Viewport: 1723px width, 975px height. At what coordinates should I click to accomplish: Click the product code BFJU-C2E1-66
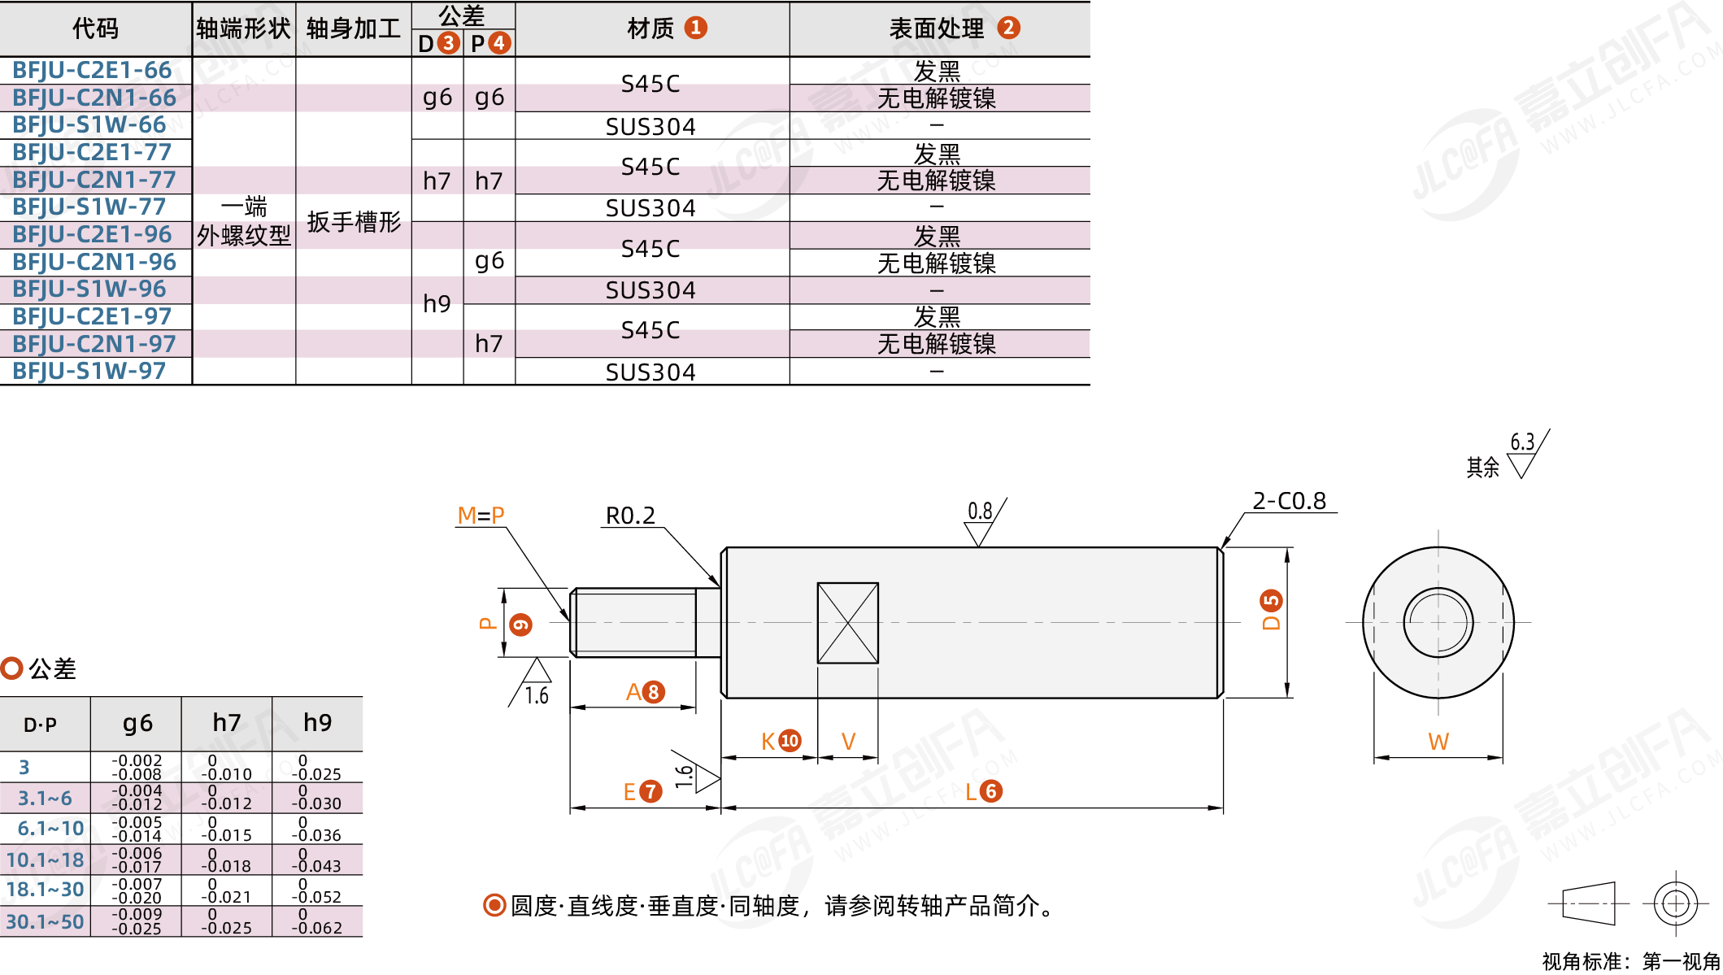(x=92, y=71)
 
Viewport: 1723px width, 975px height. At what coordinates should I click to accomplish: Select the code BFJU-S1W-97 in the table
(x=89, y=372)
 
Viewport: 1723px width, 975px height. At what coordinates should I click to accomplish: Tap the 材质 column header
(x=650, y=28)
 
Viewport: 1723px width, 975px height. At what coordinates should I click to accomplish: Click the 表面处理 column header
(x=937, y=28)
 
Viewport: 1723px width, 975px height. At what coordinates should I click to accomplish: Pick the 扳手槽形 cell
(x=354, y=221)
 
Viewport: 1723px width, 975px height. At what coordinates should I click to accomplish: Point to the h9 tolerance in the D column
(x=437, y=303)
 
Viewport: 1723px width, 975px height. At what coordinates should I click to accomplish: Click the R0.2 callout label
(x=630, y=516)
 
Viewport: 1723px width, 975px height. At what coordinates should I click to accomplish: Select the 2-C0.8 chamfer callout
(x=1289, y=501)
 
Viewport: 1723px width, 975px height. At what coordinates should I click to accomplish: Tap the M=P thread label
(x=481, y=516)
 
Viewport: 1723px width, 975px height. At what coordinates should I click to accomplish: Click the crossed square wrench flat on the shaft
(x=847, y=623)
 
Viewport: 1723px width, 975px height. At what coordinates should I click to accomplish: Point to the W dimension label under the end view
(x=1438, y=742)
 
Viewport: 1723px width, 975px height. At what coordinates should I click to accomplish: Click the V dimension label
(x=848, y=742)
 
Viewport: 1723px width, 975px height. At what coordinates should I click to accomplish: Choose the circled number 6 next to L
(x=991, y=791)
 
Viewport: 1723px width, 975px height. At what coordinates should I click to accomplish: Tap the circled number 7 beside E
(x=650, y=791)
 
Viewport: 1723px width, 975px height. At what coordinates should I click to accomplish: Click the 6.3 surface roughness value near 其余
(x=1522, y=442)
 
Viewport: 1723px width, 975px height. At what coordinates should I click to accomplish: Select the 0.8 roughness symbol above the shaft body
(x=980, y=511)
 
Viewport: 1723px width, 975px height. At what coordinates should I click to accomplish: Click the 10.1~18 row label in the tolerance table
(x=45, y=860)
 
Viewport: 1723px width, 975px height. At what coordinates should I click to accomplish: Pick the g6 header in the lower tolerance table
(x=137, y=723)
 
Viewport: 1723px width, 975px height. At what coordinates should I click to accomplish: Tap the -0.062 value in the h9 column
(x=317, y=928)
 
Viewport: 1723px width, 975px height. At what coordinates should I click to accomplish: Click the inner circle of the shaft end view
(x=1438, y=623)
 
